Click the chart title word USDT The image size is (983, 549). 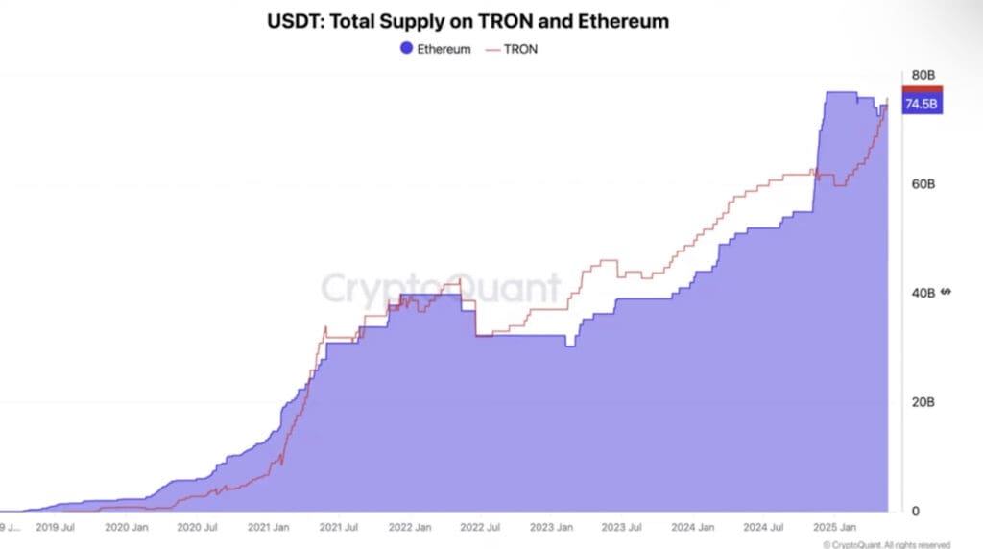pyautogui.click(x=295, y=21)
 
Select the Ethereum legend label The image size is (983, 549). pyautogui.click(x=444, y=49)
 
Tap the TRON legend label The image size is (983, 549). pyautogui.click(x=521, y=49)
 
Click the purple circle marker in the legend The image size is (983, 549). pyautogui.click(x=407, y=49)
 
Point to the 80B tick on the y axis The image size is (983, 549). pyautogui.click(x=923, y=75)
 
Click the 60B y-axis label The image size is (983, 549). pyautogui.click(x=923, y=183)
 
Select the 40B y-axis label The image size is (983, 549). pyautogui.click(x=923, y=293)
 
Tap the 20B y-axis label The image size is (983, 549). pyautogui.click(x=923, y=402)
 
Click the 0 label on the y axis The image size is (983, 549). pyautogui.click(x=915, y=512)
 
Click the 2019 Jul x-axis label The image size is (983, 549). pyautogui.click(x=56, y=528)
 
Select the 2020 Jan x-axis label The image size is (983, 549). pyautogui.click(x=126, y=528)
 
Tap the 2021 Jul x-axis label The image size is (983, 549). pyautogui.click(x=340, y=528)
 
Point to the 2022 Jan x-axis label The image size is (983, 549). pyautogui.click(x=411, y=528)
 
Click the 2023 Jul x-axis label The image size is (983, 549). pyautogui.click(x=623, y=528)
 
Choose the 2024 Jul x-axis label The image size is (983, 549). pyautogui.click(x=764, y=528)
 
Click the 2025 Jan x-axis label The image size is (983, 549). pyautogui.click(x=833, y=528)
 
